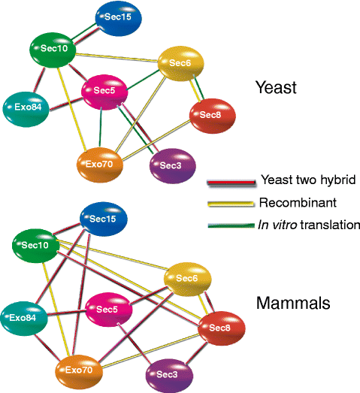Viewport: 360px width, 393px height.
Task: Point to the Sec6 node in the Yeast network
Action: coord(181,66)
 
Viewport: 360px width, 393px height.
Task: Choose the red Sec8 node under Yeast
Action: coord(212,115)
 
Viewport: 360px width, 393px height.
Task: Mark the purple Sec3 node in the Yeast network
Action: coord(174,165)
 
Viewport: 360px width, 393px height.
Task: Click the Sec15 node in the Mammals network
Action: coord(104,219)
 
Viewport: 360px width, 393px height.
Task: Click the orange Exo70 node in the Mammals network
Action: coord(79,370)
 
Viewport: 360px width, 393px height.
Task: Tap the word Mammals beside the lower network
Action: coord(293,304)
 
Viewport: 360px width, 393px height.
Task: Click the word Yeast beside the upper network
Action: coord(277,88)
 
